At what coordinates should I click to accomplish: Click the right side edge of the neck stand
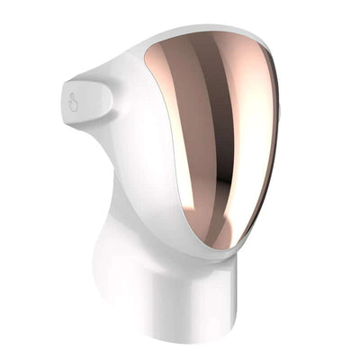click(240, 315)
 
